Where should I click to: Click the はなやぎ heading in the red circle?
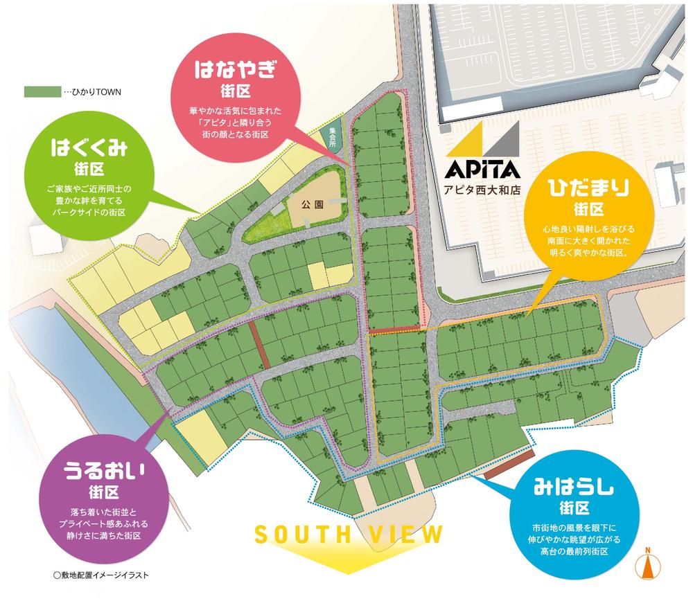pos(236,70)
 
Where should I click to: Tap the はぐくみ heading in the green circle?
pos(89,148)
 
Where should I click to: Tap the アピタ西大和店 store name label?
pos(483,188)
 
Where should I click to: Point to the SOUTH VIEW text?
pos(349,534)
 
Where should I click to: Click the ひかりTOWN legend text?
pos(88,91)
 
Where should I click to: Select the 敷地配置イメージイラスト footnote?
pos(100,575)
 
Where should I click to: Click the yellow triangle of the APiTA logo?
pos(464,141)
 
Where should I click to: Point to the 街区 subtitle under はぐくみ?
pos(89,168)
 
